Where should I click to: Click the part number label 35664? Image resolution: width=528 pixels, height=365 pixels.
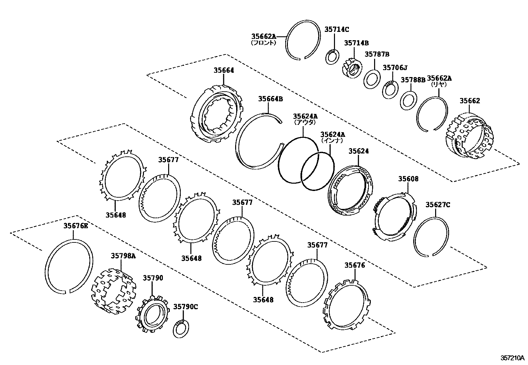pyautogui.click(x=224, y=70)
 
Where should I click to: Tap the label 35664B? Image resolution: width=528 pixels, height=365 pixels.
pyautogui.click(x=271, y=99)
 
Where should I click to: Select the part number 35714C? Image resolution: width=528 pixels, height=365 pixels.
pyautogui.click(x=337, y=30)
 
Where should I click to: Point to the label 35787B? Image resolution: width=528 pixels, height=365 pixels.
pyautogui.click(x=377, y=54)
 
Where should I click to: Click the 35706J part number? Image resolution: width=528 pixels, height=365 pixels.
pyautogui.click(x=395, y=68)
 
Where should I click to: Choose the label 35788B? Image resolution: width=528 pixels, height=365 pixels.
pyautogui.click(x=413, y=80)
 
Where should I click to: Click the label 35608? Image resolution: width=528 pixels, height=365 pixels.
pyautogui.click(x=408, y=179)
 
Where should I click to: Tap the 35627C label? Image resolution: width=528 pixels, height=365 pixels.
pyautogui.click(x=438, y=205)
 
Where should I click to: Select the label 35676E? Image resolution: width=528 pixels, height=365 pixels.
pyautogui.click(x=76, y=226)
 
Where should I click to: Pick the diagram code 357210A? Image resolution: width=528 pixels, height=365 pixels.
pyautogui.click(x=512, y=358)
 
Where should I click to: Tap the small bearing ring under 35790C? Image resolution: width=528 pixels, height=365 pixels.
pyautogui.click(x=181, y=329)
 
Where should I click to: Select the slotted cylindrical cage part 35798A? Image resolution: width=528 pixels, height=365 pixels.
pyautogui.click(x=113, y=292)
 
